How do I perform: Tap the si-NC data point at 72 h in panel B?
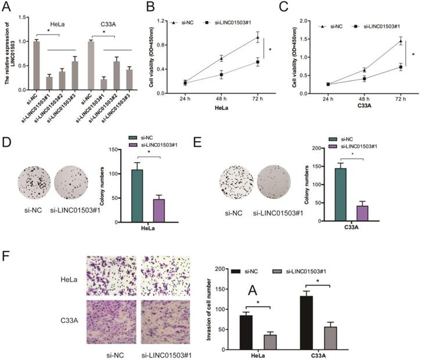(x=255, y=38)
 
